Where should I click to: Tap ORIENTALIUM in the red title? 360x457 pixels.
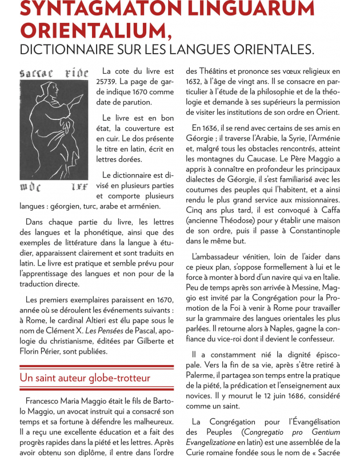pyautogui.click(x=86, y=30)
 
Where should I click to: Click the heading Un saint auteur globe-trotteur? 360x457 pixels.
pyautogui.click(x=85, y=378)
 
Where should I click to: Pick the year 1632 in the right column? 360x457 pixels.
pyautogui.click(x=195, y=82)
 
